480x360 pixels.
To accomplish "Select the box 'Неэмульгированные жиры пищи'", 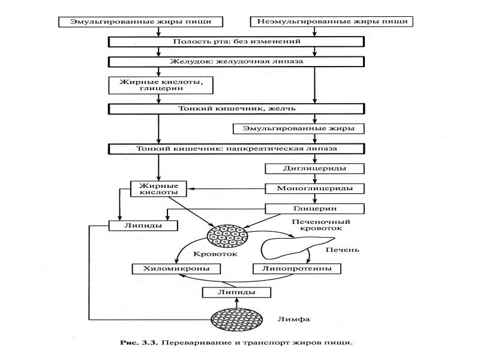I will click(x=332, y=22).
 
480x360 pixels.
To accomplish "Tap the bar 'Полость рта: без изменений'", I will click(x=236, y=41).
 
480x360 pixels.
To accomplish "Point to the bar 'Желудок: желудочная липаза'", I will click(x=236, y=61).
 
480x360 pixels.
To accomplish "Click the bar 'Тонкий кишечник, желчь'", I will click(x=236, y=109).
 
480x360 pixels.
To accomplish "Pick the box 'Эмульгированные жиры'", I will click(x=298, y=128).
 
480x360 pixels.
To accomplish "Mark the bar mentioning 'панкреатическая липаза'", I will click(x=236, y=148).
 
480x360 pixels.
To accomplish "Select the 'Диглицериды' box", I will click(x=314, y=169).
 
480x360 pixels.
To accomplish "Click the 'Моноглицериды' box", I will click(x=314, y=188).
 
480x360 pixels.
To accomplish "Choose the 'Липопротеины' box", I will click(x=297, y=268).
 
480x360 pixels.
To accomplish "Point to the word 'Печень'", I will click(x=342, y=249).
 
